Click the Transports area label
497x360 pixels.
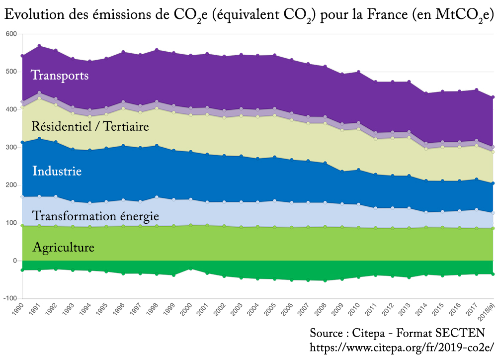point(60,76)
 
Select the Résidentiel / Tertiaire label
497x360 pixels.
point(90,113)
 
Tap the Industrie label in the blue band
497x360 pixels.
point(57,172)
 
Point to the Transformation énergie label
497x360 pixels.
point(95,216)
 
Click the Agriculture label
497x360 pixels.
point(63,247)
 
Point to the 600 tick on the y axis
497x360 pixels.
point(11,34)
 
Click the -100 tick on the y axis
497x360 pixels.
point(10,298)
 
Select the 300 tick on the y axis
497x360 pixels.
point(11,147)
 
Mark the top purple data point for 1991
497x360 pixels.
point(39,46)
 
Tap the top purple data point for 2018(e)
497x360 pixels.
point(493,97)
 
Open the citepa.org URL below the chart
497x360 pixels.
point(401,347)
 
